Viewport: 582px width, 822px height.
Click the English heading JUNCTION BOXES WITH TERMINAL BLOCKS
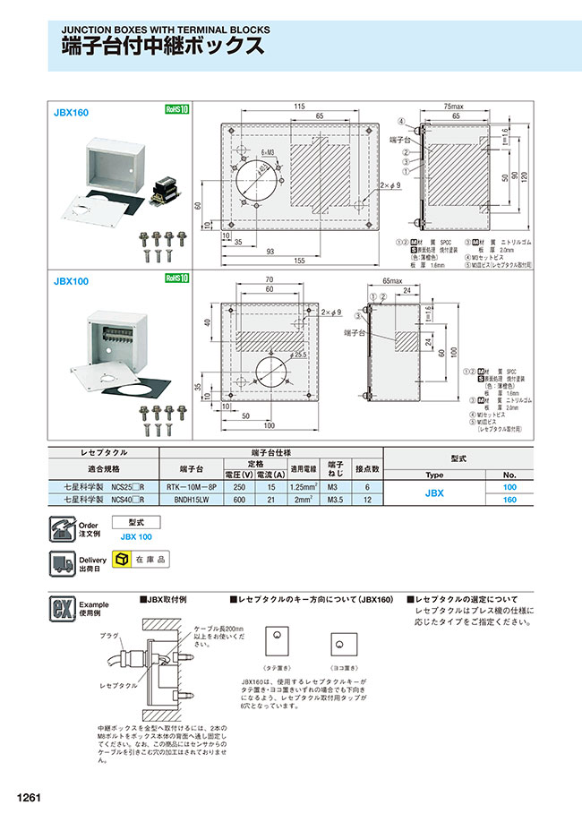166,29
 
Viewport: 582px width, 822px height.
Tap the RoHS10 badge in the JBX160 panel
177,110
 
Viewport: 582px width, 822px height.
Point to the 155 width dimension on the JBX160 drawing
295,260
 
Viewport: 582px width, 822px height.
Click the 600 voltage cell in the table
239,499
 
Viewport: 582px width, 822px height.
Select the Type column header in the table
434,475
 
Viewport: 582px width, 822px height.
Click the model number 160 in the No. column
509,499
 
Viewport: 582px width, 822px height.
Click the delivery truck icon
62,561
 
